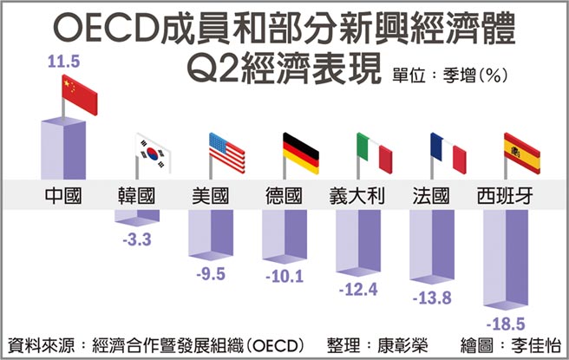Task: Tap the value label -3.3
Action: [x=136, y=241]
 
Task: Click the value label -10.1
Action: [x=284, y=278]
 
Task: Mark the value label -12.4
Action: [x=358, y=290]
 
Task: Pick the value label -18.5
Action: [x=506, y=323]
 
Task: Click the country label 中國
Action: [x=62, y=195]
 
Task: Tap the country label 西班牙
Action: [x=506, y=195]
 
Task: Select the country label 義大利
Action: [x=358, y=195]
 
